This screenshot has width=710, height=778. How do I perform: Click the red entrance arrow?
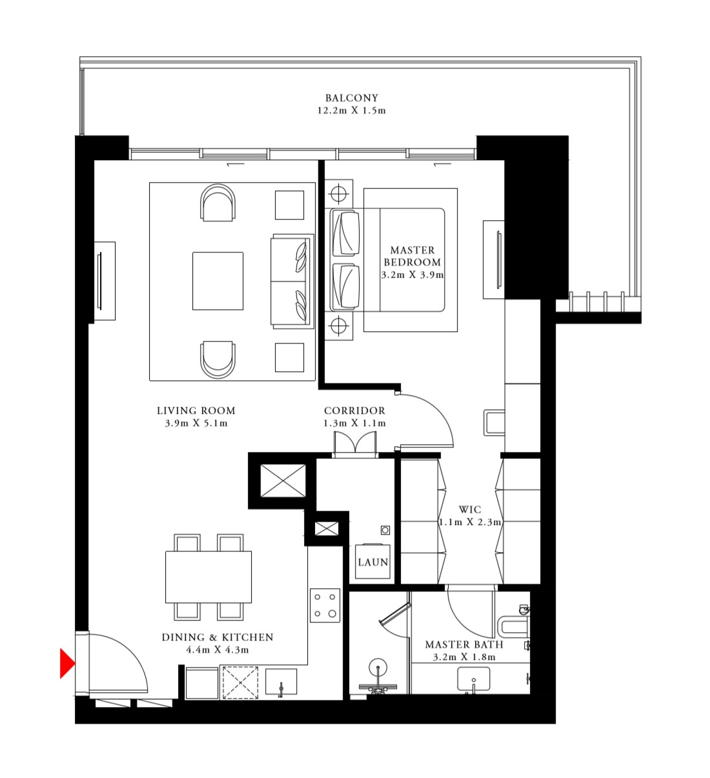[66, 663]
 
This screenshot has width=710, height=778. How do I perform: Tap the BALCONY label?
[351, 98]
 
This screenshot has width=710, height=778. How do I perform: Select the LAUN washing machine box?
[372, 562]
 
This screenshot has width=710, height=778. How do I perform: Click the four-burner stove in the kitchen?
[325, 605]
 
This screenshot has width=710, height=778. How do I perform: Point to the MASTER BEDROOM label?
[412, 256]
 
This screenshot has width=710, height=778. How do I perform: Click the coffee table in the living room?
[218, 281]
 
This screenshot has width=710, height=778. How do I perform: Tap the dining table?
[208, 577]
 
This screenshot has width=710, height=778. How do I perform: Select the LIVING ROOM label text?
[196, 411]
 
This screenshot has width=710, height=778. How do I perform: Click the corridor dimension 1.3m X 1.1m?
[354, 424]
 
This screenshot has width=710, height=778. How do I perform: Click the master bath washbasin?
[474, 680]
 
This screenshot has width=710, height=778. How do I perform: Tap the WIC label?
[469, 509]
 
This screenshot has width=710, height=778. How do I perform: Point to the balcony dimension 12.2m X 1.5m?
[351, 110]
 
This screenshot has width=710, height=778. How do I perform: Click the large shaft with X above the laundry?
[283, 480]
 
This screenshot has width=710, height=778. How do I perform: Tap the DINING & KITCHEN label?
[218, 637]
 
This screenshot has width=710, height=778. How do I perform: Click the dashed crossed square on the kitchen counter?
[240, 682]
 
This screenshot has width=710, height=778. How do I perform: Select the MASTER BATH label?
[463, 644]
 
